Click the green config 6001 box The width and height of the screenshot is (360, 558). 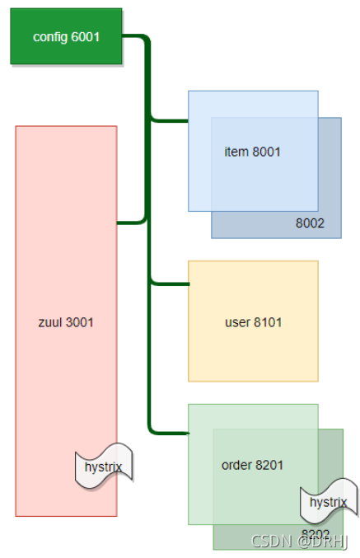tap(66, 36)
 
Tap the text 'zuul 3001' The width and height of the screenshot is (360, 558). tap(66, 322)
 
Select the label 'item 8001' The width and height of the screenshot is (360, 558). tap(252, 152)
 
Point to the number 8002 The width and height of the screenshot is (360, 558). tap(310, 223)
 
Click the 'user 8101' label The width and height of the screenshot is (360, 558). tap(253, 322)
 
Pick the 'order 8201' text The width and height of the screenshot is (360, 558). tap(252, 465)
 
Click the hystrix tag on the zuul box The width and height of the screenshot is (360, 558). tap(104, 467)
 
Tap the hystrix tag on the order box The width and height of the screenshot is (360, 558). tap(329, 502)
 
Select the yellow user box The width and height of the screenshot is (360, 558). tap(253, 321)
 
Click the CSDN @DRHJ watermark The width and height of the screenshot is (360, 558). tap(299, 542)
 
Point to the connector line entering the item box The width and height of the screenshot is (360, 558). tap(169, 120)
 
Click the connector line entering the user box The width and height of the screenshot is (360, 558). tap(170, 284)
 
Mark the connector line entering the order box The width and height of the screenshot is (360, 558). tap(169, 433)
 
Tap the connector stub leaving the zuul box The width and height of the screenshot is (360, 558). tap(131, 223)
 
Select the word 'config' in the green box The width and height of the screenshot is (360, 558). tap(50, 37)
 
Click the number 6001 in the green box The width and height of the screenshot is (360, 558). tap(85, 36)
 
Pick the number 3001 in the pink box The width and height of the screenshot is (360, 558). tap(79, 322)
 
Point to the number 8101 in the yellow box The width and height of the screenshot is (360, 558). tap(268, 322)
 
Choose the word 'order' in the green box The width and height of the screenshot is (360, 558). tap(236, 465)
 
